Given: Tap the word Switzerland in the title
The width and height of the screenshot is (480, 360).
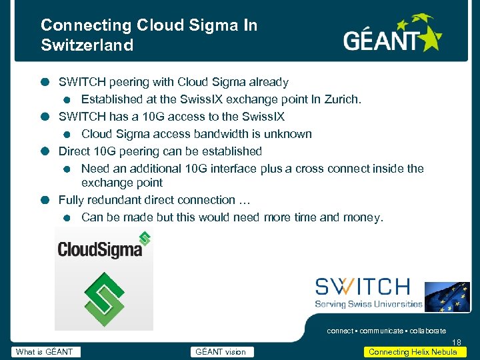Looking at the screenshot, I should [87, 45].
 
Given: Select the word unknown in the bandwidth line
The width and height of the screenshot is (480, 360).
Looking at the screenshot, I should [287, 134].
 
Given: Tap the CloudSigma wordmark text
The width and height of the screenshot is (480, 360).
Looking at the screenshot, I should [100, 249].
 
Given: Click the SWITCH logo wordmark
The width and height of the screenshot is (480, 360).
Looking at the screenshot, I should [363, 287].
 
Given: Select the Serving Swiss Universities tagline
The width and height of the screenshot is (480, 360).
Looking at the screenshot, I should [369, 304].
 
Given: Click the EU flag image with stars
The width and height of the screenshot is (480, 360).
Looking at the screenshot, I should [447, 297].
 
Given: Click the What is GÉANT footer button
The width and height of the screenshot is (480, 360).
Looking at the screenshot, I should [45, 352].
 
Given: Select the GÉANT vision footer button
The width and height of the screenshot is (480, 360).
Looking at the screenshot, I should [221, 352].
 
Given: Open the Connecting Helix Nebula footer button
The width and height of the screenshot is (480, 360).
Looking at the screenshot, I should [413, 352].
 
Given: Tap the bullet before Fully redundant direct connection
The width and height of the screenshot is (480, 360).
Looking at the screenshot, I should [44, 200].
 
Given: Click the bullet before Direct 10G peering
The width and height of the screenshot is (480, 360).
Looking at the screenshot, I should [44, 151].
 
